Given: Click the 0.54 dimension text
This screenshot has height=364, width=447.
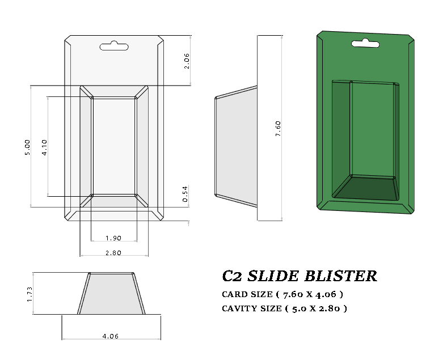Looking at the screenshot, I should click(x=185, y=194).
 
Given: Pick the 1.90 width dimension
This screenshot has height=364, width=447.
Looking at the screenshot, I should click(x=113, y=238).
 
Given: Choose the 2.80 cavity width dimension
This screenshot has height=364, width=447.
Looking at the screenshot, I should click(x=113, y=253).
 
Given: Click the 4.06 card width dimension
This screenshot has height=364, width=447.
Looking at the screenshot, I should click(x=111, y=336).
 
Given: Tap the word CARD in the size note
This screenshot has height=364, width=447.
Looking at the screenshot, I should click(x=235, y=294).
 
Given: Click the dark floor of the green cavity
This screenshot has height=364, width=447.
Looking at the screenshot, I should click(x=366, y=189).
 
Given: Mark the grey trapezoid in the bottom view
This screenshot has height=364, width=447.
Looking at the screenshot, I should click(x=111, y=293).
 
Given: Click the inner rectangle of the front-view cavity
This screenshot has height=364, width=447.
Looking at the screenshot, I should click(x=113, y=146).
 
